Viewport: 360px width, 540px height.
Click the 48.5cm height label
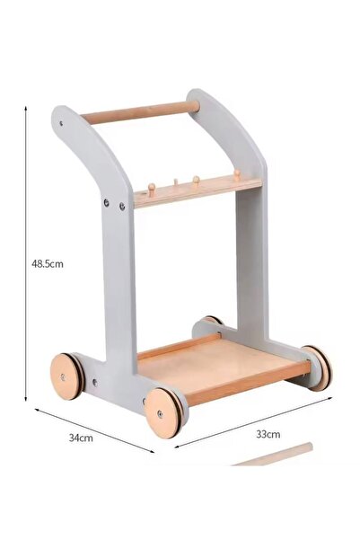pyautogui.click(x=47, y=263)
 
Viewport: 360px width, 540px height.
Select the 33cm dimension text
pyautogui.click(x=268, y=433)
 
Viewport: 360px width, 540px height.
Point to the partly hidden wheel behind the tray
pyautogui.click(x=212, y=321)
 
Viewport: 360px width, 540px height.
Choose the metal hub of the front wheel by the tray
pyautogui.click(x=160, y=414)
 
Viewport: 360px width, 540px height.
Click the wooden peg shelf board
pyautogui.click(x=198, y=193)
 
